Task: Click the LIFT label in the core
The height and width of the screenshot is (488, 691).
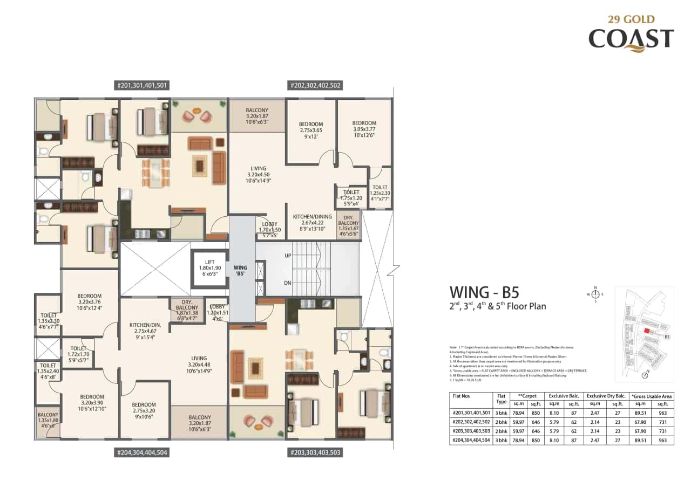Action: [x=209, y=262]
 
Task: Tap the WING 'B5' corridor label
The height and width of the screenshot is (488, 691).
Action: [x=240, y=270]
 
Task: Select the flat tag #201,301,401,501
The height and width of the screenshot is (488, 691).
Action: [x=142, y=85]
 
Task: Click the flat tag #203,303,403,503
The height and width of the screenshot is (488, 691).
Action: [x=316, y=452]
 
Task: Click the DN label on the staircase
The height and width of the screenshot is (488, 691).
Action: [x=288, y=283]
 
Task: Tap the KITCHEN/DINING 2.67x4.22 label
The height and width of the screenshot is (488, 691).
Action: [x=313, y=216]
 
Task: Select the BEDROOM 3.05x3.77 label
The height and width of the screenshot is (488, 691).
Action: [x=364, y=123]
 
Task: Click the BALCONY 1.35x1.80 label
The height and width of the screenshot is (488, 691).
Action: [x=48, y=415]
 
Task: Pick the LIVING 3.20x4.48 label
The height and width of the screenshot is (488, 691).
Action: [x=199, y=358]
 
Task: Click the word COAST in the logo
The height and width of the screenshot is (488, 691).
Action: [x=631, y=39]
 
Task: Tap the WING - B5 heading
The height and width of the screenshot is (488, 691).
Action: [x=484, y=292]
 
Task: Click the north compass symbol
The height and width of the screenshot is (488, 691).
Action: [x=595, y=294]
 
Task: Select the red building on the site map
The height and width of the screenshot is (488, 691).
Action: [x=647, y=331]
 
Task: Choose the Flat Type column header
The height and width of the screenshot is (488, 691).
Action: [x=501, y=400]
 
